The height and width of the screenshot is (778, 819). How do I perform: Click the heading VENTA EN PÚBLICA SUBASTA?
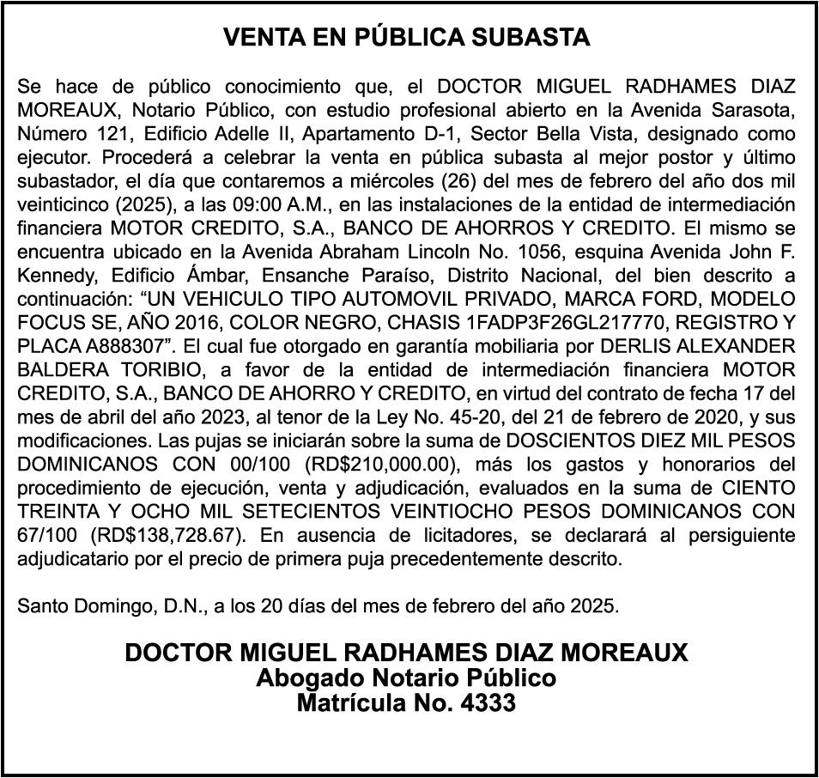407,38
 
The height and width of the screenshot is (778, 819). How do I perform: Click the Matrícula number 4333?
491,704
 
